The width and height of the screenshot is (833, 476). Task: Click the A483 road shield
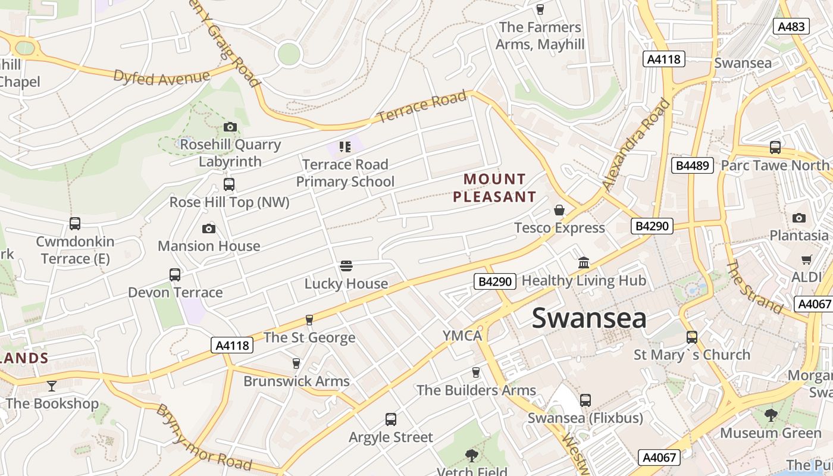[x=791, y=26]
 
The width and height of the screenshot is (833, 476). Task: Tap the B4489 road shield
[x=692, y=165]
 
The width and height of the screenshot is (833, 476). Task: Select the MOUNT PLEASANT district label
[x=494, y=187]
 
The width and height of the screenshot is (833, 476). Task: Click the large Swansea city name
[x=588, y=318]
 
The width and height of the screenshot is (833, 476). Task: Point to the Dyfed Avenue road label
[x=161, y=77]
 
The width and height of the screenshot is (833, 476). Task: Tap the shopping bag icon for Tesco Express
[x=559, y=210]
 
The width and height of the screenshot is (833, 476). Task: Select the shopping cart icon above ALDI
[x=806, y=259]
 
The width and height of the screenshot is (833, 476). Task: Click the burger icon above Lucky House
[x=346, y=265]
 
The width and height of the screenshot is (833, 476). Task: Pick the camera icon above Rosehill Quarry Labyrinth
[x=230, y=127]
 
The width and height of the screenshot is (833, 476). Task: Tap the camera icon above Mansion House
[x=209, y=228]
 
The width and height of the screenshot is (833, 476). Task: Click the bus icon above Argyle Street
[x=391, y=419]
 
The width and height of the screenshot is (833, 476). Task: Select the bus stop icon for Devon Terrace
[x=175, y=275]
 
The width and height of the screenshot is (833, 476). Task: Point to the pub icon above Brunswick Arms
[x=296, y=363]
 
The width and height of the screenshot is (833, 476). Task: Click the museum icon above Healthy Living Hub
[x=584, y=262]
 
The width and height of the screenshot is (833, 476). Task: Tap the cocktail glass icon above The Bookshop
[x=52, y=386]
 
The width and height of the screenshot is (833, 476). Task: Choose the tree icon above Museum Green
[x=771, y=415]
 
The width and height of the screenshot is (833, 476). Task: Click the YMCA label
[x=462, y=336]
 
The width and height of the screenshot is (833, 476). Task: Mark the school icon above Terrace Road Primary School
[x=345, y=146]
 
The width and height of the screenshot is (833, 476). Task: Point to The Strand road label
[x=754, y=287]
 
